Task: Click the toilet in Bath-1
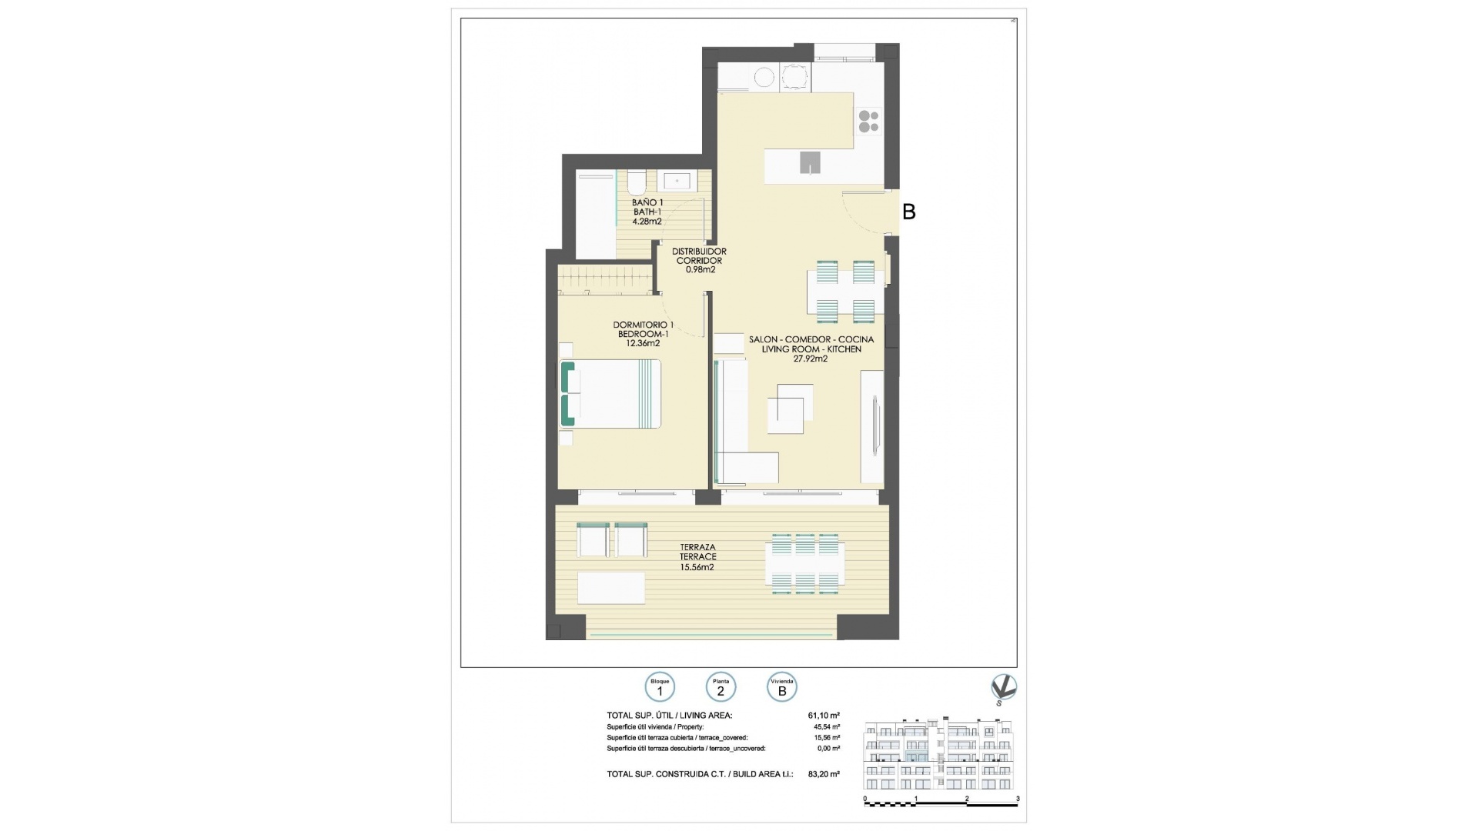click(636, 182)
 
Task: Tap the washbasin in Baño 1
click(677, 181)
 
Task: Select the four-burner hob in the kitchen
click(868, 122)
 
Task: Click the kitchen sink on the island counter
click(810, 162)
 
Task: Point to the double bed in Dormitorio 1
click(611, 394)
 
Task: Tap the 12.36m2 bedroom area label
click(643, 343)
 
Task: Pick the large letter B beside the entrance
click(908, 212)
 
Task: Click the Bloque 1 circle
click(660, 687)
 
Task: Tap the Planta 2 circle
click(721, 687)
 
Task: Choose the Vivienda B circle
click(782, 687)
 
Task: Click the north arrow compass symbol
click(1003, 688)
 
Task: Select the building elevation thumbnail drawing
click(941, 756)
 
